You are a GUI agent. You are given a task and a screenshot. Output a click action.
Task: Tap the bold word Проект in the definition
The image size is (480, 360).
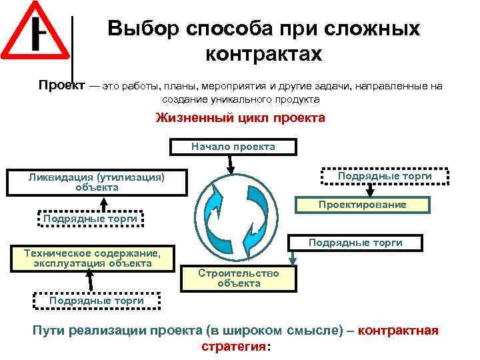[61, 85]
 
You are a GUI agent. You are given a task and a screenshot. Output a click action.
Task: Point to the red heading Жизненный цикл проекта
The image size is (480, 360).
[240, 119]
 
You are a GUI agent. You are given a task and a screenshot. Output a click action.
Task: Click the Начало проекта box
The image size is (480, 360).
[233, 146]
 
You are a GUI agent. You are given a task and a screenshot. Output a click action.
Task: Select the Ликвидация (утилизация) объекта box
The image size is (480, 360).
[97, 182]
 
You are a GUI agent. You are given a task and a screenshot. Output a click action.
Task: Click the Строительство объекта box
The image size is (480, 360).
[239, 278]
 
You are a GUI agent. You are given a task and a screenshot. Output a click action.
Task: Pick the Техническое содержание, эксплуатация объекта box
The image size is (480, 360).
[92, 258]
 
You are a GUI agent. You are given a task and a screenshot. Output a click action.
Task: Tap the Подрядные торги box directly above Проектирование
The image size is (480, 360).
[385, 175]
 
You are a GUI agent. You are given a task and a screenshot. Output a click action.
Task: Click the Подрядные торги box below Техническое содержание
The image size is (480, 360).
[97, 301]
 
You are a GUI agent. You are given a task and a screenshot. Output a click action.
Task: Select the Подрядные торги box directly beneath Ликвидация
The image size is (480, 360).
[90, 218]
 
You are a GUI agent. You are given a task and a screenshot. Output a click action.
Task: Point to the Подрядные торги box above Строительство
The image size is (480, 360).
[355, 243]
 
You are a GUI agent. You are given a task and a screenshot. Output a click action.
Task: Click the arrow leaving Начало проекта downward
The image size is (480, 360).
[231, 162]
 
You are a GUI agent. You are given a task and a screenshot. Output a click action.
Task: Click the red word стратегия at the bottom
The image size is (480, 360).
[232, 347]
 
